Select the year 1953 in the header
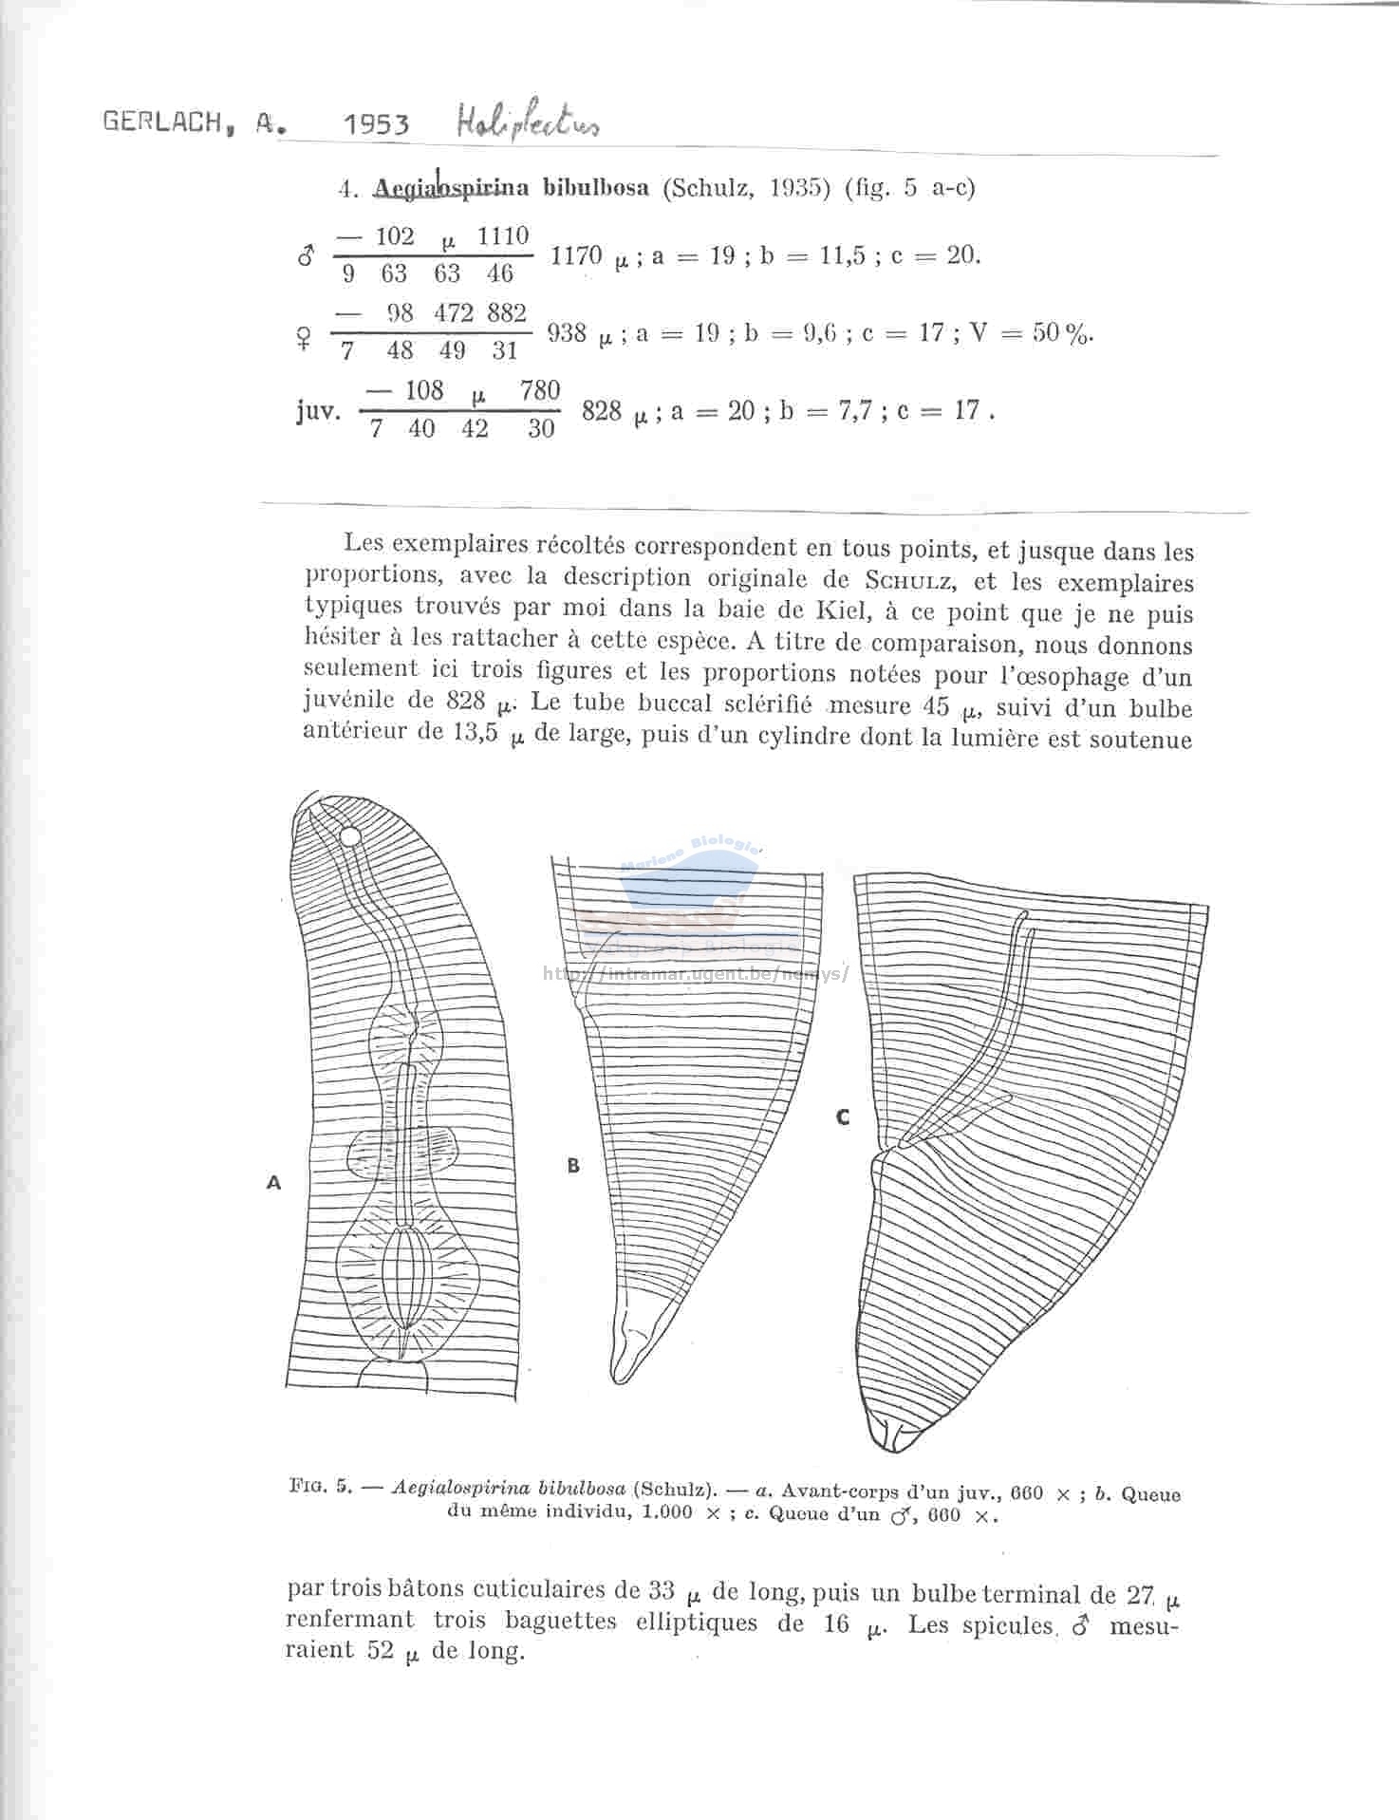(377, 124)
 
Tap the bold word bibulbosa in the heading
(596, 187)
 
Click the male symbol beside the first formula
(306, 256)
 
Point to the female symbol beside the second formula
(304, 338)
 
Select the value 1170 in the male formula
(576, 255)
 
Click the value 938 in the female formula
(567, 333)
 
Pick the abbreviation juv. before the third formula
(318, 412)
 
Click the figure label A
(274, 1183)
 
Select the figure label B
(573, 1166)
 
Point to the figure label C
(843, 1117)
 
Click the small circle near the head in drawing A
(349, 837)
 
